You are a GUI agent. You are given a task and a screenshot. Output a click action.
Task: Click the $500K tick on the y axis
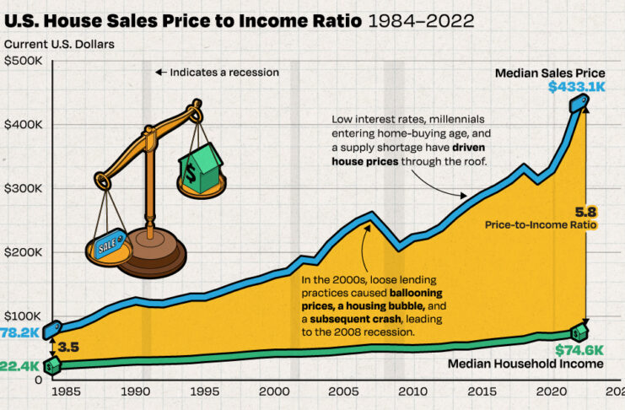pos(22,61)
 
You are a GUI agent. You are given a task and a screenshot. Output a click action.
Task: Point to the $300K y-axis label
pos(22,188)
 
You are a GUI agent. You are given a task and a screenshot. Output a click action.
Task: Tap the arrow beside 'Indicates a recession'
pos(159,73)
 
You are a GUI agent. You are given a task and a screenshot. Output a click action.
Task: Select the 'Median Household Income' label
pos(525,364)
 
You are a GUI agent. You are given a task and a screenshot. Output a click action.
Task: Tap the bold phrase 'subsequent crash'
pos(352,319)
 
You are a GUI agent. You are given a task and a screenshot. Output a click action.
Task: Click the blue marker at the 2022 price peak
pos(579,103)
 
